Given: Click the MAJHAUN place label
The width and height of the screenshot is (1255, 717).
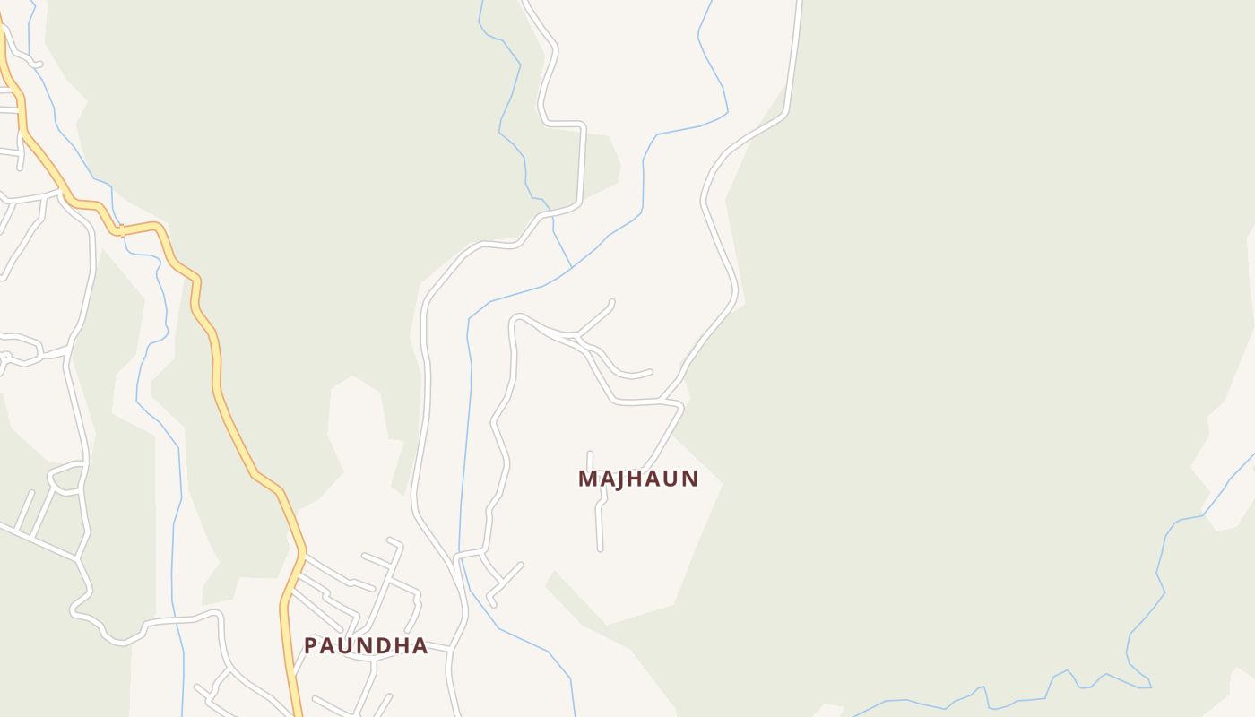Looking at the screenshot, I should click(x=637, y=479).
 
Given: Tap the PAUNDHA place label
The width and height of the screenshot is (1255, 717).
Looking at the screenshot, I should click(x=366, y=646).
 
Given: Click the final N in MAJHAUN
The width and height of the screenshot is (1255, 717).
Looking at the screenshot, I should click(x=688, y=479).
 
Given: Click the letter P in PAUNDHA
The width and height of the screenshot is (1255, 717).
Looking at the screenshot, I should click(x=310, y=646).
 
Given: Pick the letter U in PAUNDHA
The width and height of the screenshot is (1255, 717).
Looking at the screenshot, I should click(x=347, y=646).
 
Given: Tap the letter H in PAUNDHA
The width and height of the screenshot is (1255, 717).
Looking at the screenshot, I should click(x=403, y=646).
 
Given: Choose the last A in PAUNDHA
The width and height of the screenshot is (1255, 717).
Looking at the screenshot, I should click(x=420, y=646).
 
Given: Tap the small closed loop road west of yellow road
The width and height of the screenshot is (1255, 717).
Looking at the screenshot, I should click(x=68, y=476).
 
